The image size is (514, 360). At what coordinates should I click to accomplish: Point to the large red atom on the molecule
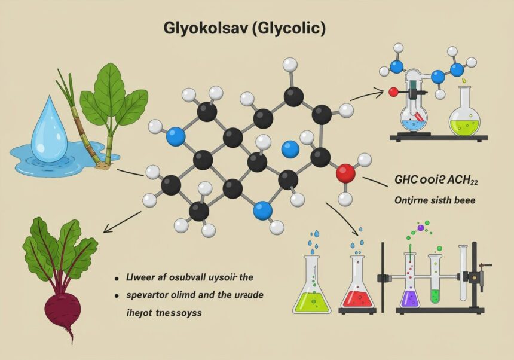tap(345, 173)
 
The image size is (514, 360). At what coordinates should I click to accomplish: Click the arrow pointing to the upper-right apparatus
tap(366, 94)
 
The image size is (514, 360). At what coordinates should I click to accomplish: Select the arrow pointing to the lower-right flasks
tap(343, 218)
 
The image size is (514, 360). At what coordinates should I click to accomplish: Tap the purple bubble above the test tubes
tap(421, 227)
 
